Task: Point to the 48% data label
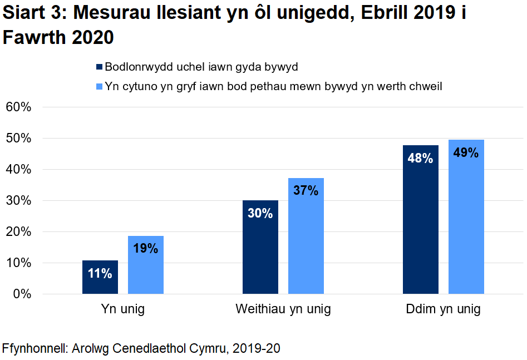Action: [x=420, y=159]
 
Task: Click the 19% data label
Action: [x=146, y=249]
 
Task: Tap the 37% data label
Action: [x=306, y=191]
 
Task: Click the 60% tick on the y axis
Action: [x=18, y=107]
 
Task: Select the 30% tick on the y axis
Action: [x=18, y=200]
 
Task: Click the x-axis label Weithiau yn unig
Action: [x=283, y=309]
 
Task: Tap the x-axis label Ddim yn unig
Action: [x=443, y=309]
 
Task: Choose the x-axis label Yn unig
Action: [x=123, y=309]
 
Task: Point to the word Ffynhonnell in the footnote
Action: [x=35, y=349]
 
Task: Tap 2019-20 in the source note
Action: [x=256, y=349]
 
